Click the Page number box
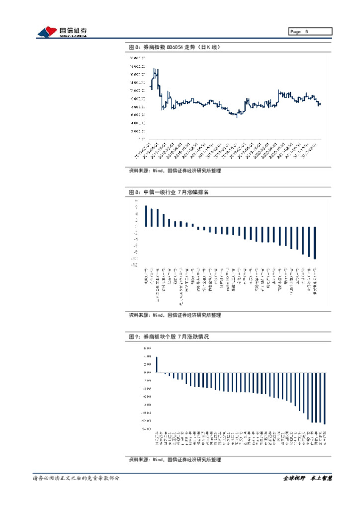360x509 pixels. [310, 32]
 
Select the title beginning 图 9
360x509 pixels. [169, 337]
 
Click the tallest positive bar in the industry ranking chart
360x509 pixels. [146, 216]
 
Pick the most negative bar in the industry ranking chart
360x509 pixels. [315, 243]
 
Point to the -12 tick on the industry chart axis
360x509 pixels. [135, 265]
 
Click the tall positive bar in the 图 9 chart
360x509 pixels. [157, 364]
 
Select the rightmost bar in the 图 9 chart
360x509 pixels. [325, 398]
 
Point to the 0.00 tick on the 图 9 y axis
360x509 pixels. [147, 372]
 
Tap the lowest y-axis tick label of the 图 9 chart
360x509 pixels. [146, 429]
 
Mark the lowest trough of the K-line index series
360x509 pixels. [237, 116]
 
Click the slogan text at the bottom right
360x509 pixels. [307, 478]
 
